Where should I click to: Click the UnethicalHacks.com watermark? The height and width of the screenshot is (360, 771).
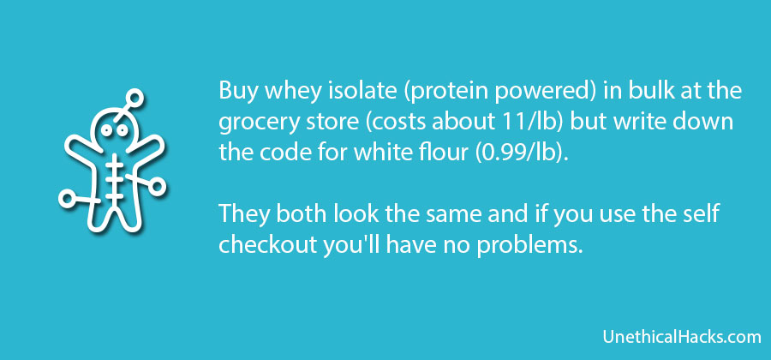coord(682,338)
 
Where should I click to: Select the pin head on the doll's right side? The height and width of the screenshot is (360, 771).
coord(158,186)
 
